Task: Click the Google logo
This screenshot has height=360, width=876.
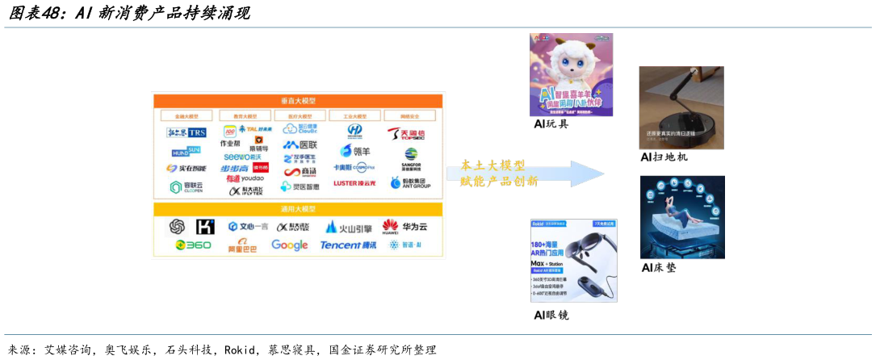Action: point(289,245)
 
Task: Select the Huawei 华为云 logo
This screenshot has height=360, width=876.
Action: point(404,226)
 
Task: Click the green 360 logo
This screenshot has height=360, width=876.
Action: point(193,245)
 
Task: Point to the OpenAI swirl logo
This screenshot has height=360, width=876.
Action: point(177,227)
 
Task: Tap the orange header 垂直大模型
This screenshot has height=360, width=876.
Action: point(298,100)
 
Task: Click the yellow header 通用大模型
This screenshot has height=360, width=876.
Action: point(298,209)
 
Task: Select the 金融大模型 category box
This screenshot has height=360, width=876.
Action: point(187,116)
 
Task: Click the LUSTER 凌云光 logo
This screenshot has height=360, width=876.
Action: point(354,183)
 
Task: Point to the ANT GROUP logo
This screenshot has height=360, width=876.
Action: point(411,183)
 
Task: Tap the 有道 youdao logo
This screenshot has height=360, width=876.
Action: point(245,178)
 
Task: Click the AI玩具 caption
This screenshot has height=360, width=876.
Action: point(551,123)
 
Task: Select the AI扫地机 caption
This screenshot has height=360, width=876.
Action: point(664,157)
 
